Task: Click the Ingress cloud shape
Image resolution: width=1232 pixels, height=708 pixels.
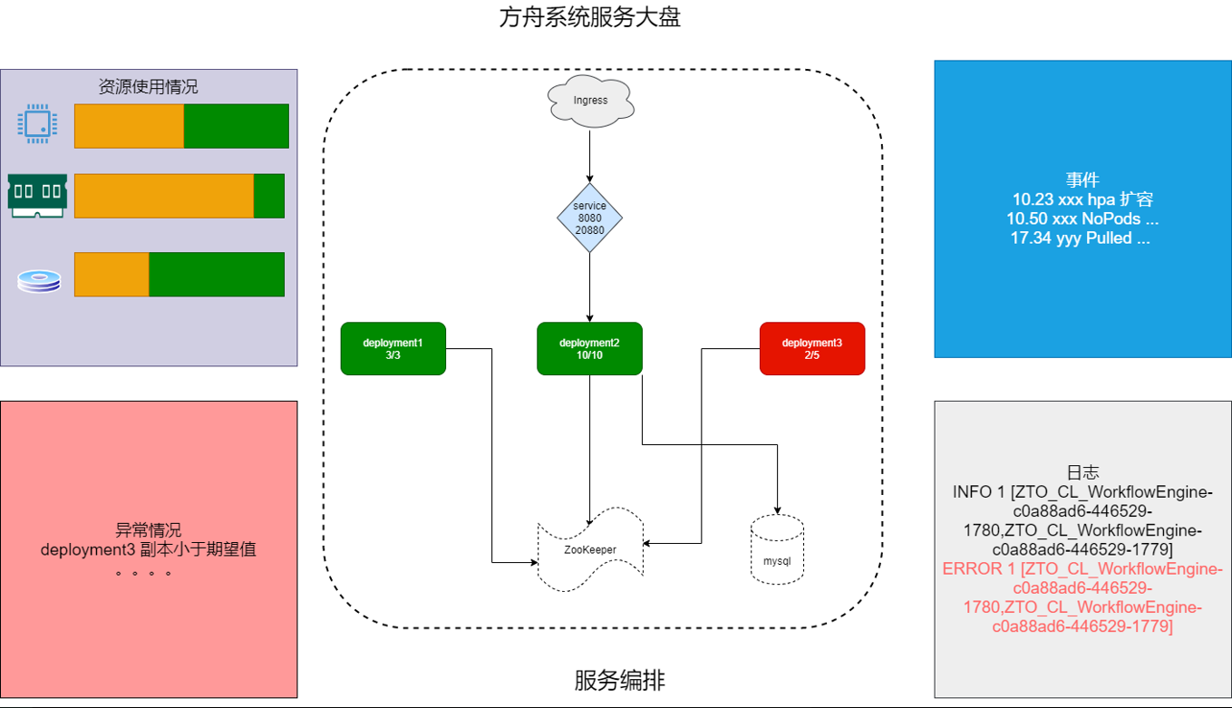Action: tap(590, 101)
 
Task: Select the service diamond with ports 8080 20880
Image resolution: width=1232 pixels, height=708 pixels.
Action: tap(590, 218)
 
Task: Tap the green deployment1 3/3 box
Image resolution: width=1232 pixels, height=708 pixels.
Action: tap(393, 348)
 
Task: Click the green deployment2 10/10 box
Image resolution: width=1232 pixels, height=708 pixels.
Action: tap(589, 348)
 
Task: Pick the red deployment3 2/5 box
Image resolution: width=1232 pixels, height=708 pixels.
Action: tap(811, 348)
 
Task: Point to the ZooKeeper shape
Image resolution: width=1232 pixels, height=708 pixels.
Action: tap(590, 551)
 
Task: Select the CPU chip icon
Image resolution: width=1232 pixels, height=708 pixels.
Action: tap(38, 124)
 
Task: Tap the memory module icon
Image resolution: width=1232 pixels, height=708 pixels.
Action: tap(37, 195)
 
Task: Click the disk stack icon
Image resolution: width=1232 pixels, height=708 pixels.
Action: tap(39, 282)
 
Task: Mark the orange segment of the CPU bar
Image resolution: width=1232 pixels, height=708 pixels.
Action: tap(129, 126)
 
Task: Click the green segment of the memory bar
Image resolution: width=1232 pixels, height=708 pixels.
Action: tap(269, 196)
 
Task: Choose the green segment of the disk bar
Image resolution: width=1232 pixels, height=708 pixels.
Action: tap(217, 275)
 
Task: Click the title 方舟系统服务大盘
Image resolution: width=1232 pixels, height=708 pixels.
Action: tap(589, 18)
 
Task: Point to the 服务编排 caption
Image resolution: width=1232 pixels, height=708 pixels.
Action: tap(619, 680)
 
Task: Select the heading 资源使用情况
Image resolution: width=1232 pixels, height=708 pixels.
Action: tap(148, 87)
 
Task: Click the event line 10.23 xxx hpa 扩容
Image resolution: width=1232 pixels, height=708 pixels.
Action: tap(1082, 199)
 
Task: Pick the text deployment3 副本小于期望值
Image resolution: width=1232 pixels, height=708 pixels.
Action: tap(148, 549)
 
